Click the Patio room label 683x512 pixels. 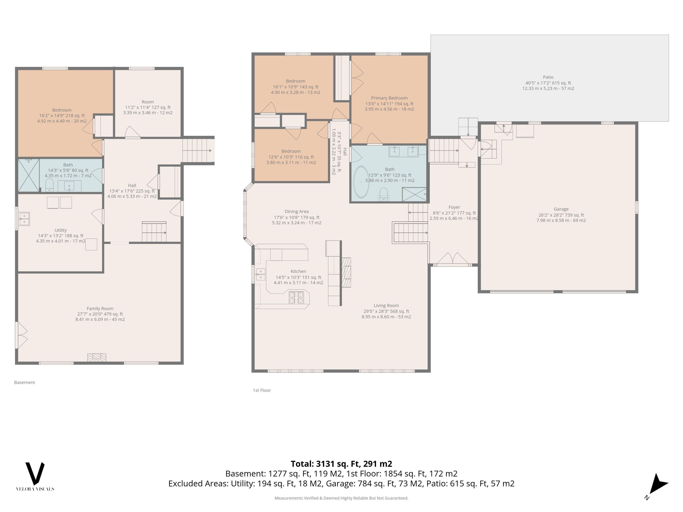pyautogui.click(x=548, y=77)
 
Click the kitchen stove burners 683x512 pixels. pyautogui.click(x=296, y=297)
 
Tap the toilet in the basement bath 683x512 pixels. pyautogui.click(x=49, y=185)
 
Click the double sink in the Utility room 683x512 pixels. pyautogui.click(x=24, y=219)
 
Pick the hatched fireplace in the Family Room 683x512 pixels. pyautogui.click(x=97, y=357)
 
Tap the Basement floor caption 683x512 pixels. pyautogui.click(x=24, y=382)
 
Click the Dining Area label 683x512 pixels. pyautogui.click(x=297, y=211)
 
